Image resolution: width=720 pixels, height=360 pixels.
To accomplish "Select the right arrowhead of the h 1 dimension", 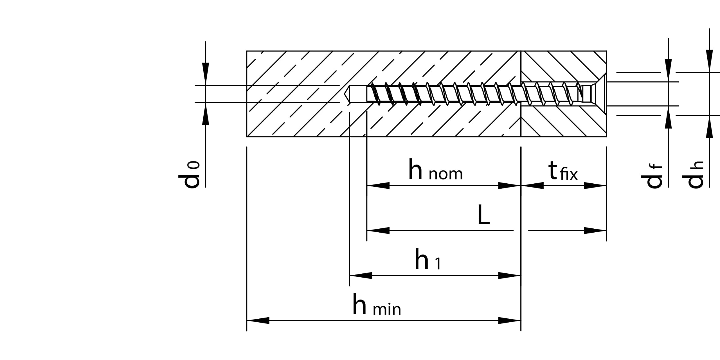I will click(x=509, y=276).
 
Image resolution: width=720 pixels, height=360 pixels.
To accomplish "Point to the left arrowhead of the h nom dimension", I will click(x=378, y=186).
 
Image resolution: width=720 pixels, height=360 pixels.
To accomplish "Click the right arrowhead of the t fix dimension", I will click(x=595, y=186).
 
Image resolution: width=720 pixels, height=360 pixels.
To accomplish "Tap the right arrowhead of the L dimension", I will click(x=595, y=231).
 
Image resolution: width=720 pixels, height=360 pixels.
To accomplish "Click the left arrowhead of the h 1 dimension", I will click(x=361, y=276).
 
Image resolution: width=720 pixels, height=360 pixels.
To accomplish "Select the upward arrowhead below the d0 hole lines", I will click(x=206, y=114).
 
